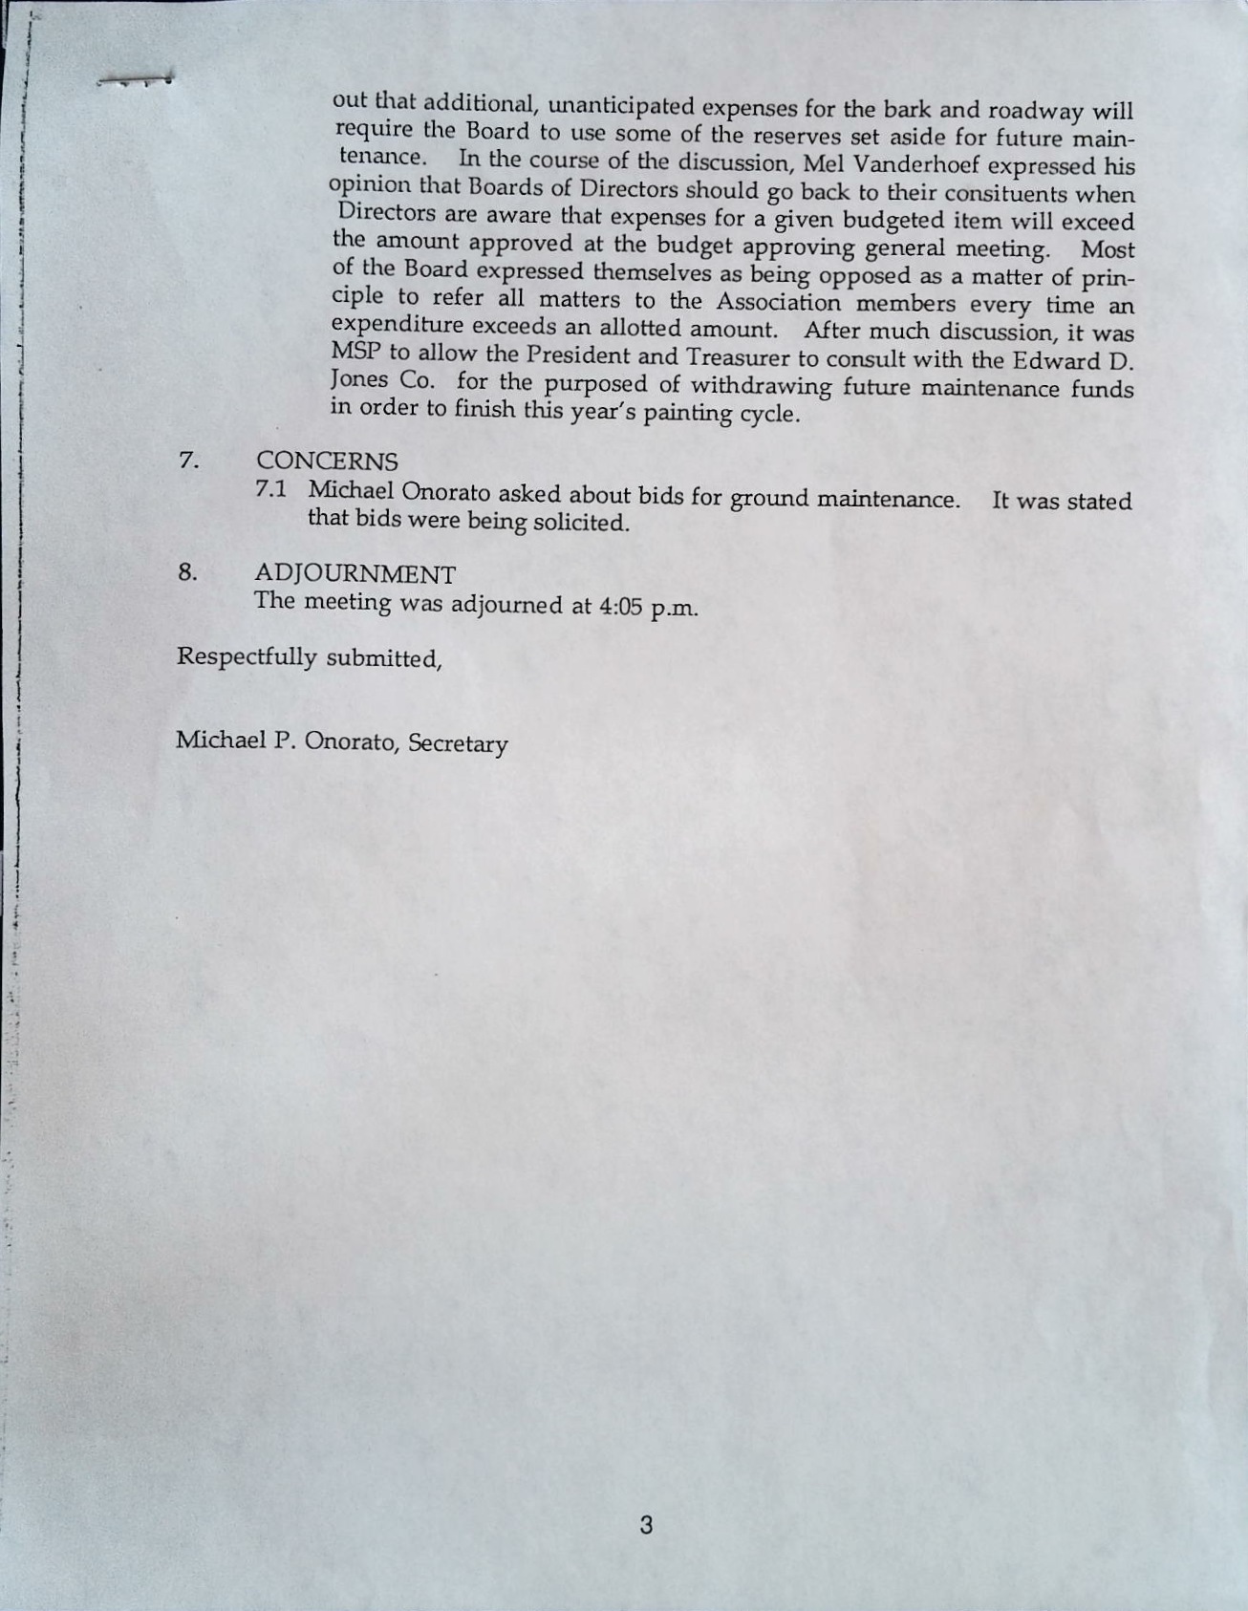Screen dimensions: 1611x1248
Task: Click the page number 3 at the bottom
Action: pos(646,1525)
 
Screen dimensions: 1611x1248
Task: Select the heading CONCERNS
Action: pos(327,462)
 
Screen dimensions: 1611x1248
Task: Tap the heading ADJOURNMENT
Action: pos(355,574)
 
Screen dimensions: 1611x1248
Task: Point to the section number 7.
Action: pos(188,461)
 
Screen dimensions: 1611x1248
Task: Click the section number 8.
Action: pos(188,573)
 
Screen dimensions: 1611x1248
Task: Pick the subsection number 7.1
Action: pos(271,489)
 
